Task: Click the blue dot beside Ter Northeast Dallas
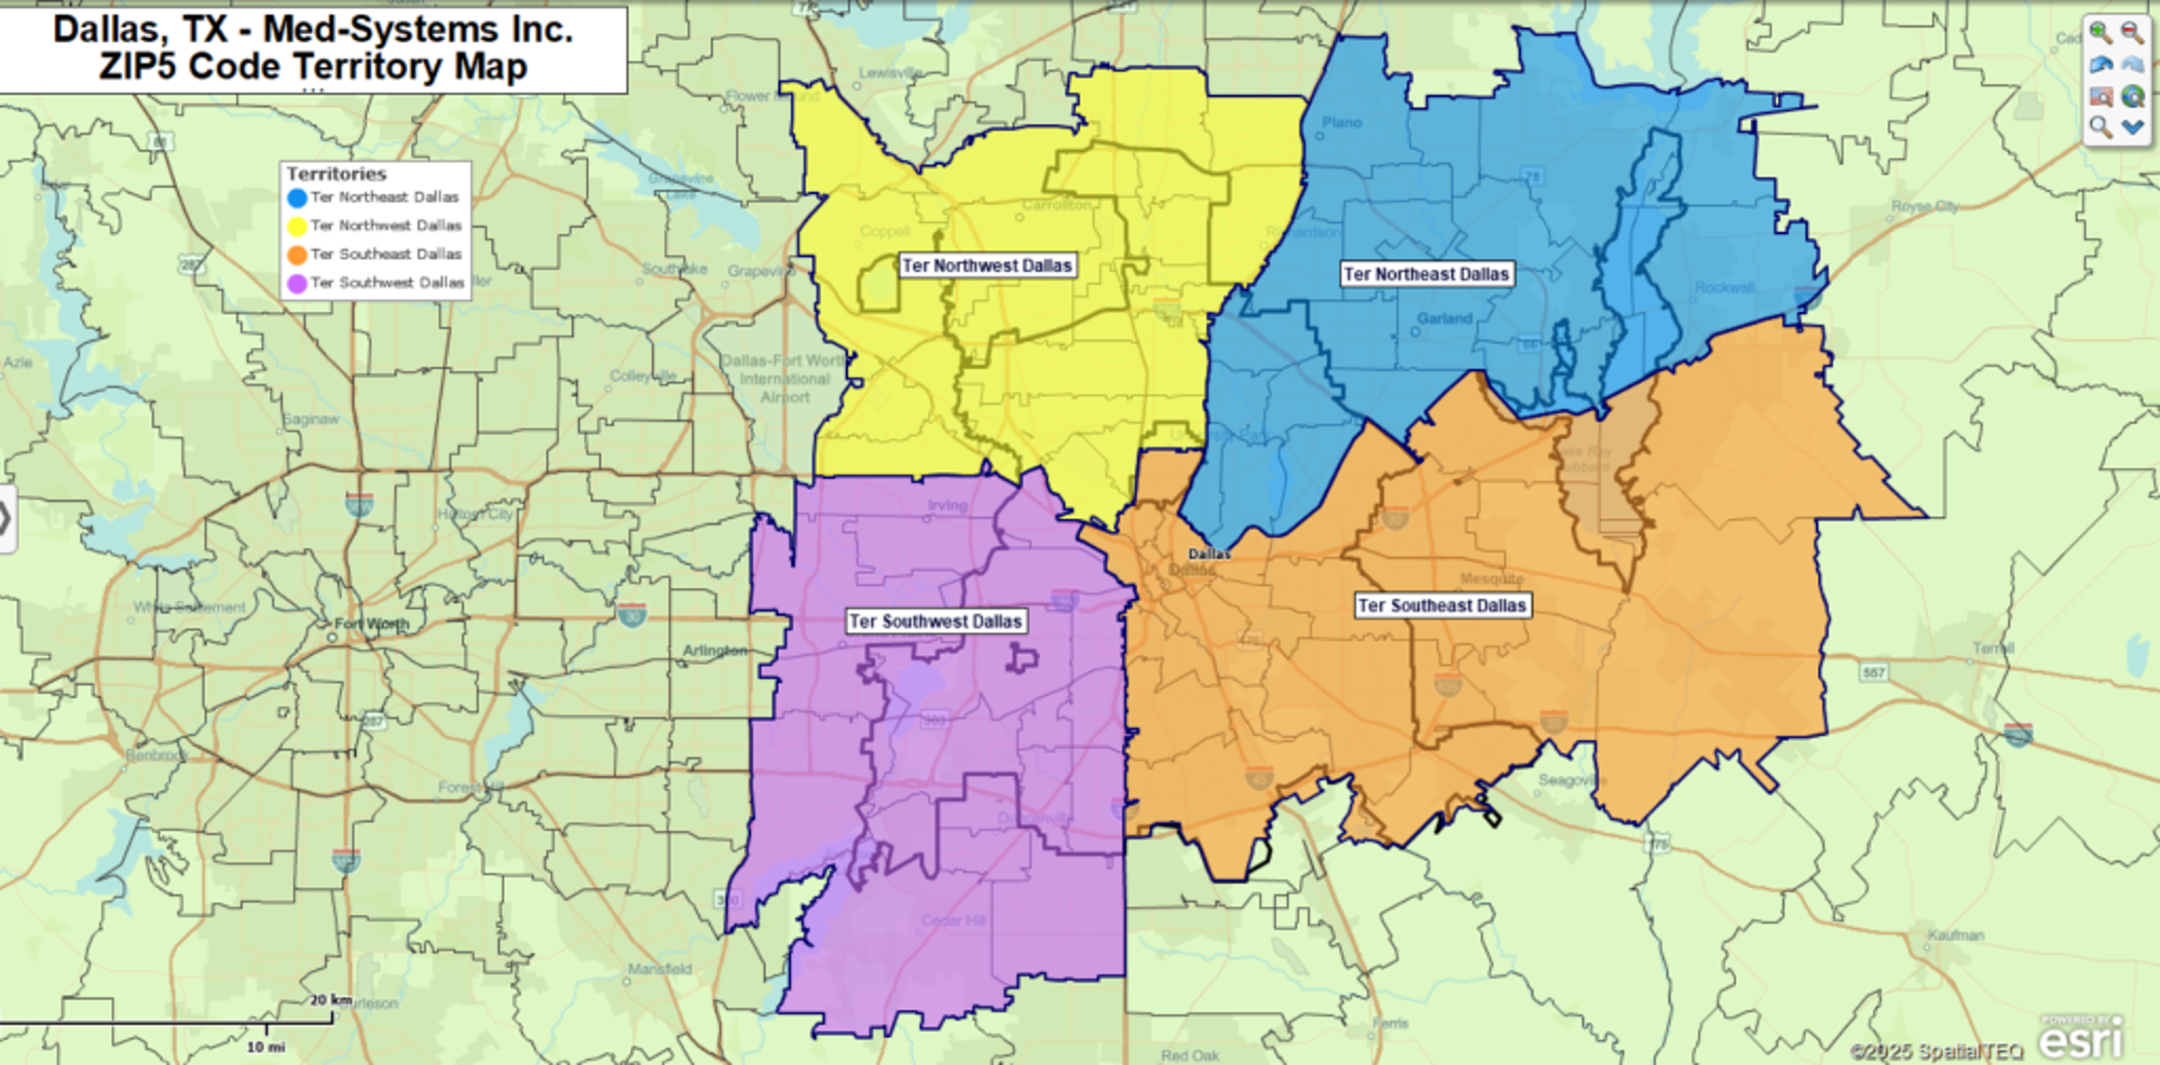[297, 198]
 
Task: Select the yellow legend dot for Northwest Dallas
[297, 226]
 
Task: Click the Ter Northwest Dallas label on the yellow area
[987, 266]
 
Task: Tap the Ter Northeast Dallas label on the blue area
[1426, 274]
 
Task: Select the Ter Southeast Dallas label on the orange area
[1442, 605]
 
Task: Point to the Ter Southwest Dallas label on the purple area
[935, 622]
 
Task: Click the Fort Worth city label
[371, 624]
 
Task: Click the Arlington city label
[715, 651]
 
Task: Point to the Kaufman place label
[1955, 934]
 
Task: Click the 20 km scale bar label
[330, 1000]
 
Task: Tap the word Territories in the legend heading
[336, 173]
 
